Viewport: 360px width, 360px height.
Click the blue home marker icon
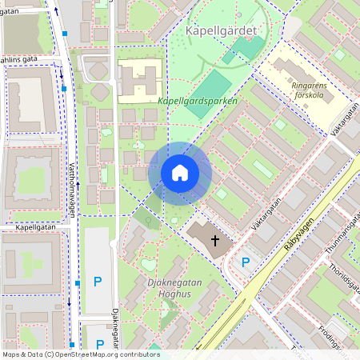click(x=180, y=173)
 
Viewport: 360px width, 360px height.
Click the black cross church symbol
click(x=214, y=240)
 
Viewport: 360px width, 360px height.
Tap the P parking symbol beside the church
click(x=246, y=262)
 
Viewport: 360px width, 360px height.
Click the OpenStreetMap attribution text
click(x=80, y=354)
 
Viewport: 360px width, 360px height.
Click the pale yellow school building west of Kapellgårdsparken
click(x=140, y=80)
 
